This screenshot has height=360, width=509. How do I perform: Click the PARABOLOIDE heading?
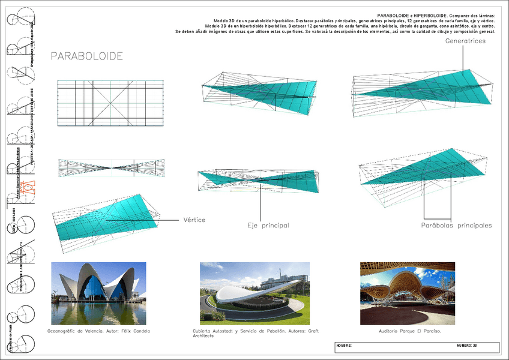pyautogui.click(x=86, y=56)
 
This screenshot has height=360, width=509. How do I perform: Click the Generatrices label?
pyautogui.click(x=465, y=41)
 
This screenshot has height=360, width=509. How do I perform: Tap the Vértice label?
pyautogui.click(x=193, y=220)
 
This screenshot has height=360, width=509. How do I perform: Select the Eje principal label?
pyautogui.click(x=268, y=226)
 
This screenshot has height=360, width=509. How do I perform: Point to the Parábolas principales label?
pyautogui.click(x=456, y=226)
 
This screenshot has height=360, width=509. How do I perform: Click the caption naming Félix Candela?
pyautogui.click(x=98, y=331)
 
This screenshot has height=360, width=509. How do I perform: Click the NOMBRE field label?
pyautogui.click(x=343, y=346)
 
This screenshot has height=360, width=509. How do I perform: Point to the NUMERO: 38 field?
pyautogui.click(x=466, y=346)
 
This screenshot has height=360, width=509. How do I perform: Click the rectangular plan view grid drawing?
pyautogui.click(x=110, y=103)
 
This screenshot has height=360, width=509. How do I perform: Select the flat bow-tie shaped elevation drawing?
pyautogui.click(x=110, y=168)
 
